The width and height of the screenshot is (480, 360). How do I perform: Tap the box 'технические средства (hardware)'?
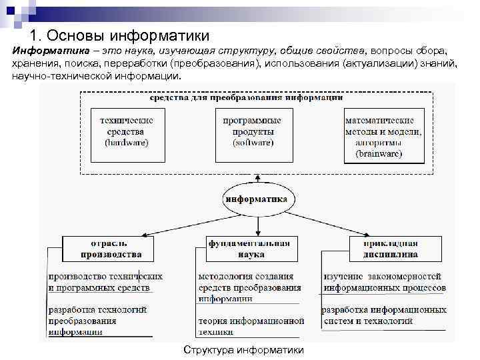127,133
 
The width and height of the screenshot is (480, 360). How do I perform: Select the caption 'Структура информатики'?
243,350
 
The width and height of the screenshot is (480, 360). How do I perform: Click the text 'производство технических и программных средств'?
105,281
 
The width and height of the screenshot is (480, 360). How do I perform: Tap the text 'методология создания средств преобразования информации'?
249,287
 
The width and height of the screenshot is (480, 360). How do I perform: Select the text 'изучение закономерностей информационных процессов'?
384,281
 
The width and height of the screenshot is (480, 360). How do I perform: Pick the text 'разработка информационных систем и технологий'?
384,315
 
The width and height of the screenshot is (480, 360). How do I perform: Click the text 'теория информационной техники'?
251,326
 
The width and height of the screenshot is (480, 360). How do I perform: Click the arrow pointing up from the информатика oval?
257,179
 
